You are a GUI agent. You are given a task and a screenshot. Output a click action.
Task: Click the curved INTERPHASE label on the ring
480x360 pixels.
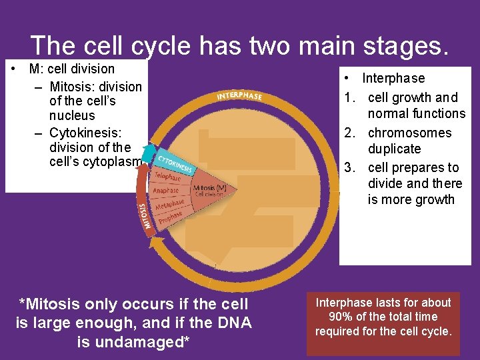(239, 96)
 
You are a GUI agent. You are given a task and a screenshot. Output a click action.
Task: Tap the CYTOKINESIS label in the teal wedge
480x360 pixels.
(175, 164)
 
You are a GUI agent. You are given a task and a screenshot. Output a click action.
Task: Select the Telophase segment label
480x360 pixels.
(167, 177)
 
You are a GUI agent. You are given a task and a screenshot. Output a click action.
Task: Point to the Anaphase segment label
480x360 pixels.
(166, 191)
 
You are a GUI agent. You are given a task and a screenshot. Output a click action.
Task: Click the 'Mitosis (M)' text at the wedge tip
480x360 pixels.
(209, 188)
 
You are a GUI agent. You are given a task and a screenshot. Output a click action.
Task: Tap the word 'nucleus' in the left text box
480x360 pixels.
(72, 115)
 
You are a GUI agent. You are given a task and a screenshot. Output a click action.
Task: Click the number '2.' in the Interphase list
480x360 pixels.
(351, 133)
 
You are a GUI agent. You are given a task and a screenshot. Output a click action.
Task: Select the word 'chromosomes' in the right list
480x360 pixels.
(409, 133)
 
